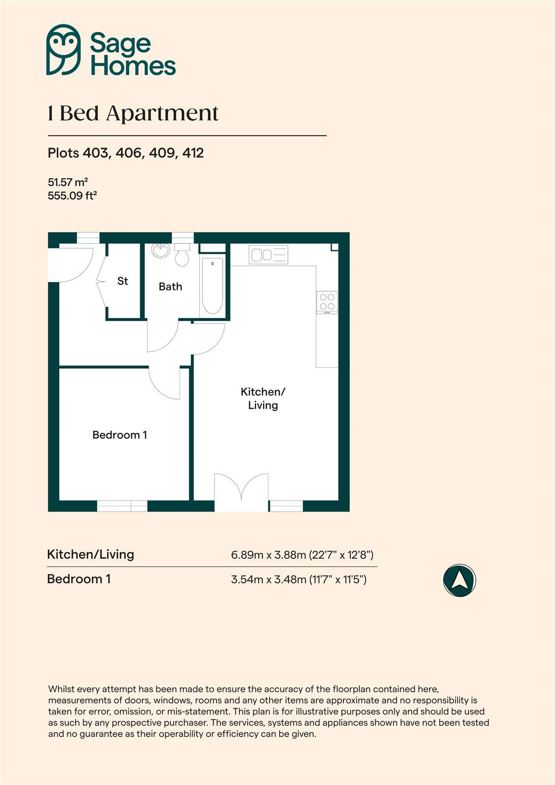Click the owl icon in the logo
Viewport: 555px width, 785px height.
[x=63, y=50]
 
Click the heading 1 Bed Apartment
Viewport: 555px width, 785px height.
[x=133, y=113]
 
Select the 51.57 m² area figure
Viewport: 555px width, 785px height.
[x=68, y=182]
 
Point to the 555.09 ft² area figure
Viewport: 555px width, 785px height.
[x=72, y=195]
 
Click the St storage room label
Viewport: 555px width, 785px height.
[x=123, y=281]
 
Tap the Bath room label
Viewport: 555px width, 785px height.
[x=170, y=287]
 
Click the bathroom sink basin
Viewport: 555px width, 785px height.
[x=160, y=251]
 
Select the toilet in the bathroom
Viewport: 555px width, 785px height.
[x=182, y=255]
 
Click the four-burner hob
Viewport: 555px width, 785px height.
[x=327, y=302]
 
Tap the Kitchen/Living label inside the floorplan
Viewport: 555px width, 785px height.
[x=263, y=398]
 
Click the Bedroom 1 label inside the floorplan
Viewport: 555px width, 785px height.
[x=120, y=435]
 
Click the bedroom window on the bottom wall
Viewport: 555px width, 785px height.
[x=122, y=506]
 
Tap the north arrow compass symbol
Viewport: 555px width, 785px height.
[x=459, y=580]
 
